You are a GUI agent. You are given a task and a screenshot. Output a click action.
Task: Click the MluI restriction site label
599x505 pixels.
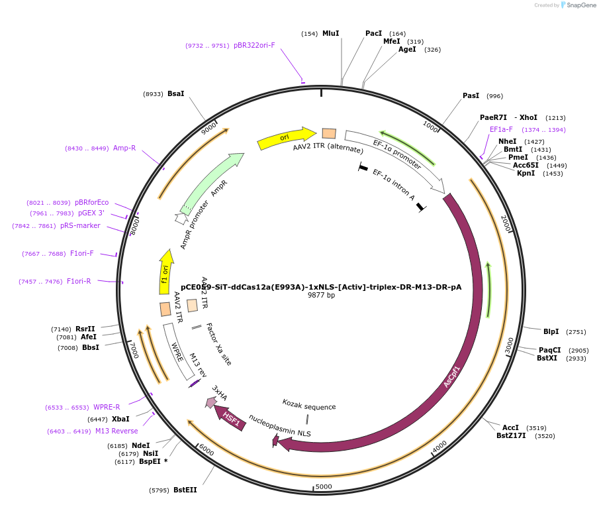click(330, 33)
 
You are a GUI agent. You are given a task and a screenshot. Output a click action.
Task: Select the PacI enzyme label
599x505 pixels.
click(373, 33)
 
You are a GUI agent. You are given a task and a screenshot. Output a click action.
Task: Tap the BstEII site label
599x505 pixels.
click(185, 490)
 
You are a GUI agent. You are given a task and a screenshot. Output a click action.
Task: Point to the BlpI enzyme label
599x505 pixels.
click(551, 331)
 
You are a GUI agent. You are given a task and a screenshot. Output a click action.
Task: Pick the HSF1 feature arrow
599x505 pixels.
click(230, 418)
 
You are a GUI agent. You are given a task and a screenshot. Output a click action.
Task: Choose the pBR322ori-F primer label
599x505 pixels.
click(254, 46)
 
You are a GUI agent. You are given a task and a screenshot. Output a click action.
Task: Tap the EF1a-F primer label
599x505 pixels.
click(501, 129)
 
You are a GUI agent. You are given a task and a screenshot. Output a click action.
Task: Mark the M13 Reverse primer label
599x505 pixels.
click(116, 431)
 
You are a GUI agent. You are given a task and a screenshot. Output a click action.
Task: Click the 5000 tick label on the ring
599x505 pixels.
click(323, 486)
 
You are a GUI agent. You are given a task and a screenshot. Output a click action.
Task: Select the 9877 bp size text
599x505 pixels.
click(321, 296)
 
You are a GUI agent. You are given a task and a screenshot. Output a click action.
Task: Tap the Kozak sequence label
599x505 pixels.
click(308, 406)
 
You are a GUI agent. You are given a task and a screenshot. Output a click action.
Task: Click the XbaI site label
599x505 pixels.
click(120, 419)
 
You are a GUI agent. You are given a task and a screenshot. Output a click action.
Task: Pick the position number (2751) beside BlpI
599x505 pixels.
click(576, 331)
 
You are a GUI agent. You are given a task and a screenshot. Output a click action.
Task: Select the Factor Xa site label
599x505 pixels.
click(218, 344)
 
